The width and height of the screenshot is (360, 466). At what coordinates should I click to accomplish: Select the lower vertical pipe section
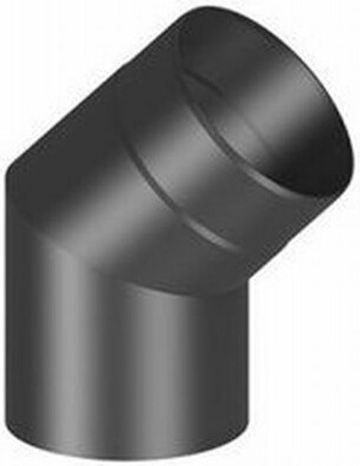(x=127, y=364)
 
